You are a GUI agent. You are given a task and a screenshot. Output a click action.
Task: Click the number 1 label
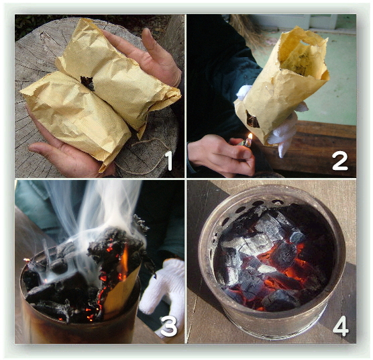[x=168, y=161]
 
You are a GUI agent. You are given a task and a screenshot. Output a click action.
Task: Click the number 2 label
[x=340, y=161]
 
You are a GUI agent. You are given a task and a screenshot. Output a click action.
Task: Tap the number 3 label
[x=169, y=326]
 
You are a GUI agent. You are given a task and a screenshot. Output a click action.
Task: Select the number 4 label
[x=341, y=326]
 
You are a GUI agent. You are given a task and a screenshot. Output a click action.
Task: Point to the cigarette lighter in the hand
[x=248, y=143]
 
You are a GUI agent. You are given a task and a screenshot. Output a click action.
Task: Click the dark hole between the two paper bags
[x=87, y=83]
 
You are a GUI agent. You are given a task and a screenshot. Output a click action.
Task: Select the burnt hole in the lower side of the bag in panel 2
[x=252, y=119]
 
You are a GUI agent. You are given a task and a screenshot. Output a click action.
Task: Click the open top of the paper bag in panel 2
[x=302, y=54]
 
